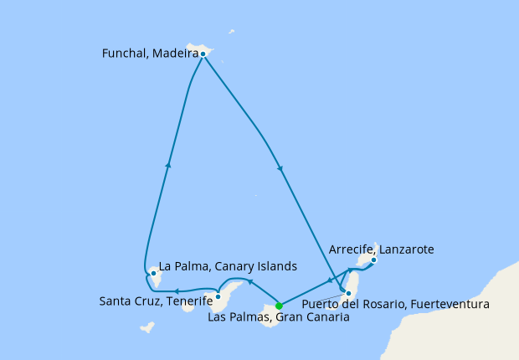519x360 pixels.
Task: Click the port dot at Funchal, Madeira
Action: [x=203, y=54]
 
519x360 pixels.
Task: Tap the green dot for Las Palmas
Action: [x=279, y=305]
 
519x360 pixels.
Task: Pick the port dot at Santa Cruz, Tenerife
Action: [x=218, y=296]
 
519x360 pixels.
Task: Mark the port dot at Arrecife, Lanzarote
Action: [x=373, y=260]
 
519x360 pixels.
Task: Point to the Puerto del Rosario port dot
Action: [x=344, y=291]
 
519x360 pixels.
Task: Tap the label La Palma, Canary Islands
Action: [x=228, y=267]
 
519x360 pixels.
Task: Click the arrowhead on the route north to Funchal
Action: [x=168, y=164]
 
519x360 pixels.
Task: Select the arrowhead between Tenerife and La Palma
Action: [x=177, y=291]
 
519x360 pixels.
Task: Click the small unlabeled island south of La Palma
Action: [x=147, y=327]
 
